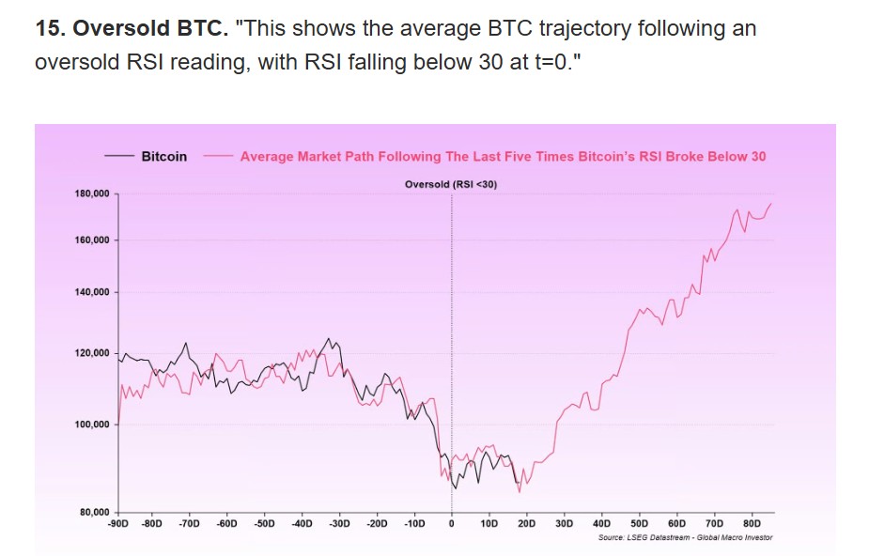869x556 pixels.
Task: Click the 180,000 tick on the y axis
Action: click(92, 193)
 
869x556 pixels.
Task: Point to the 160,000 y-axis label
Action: click(92, 240)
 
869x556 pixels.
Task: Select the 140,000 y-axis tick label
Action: click(92, 293)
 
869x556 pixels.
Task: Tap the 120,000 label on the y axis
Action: click(92, 353)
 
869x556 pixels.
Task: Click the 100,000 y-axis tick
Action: click(92, 425)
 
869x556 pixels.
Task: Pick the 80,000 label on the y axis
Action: click(95, 512)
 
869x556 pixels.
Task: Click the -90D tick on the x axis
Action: click(119, 522)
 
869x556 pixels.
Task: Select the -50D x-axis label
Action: click(264, 522)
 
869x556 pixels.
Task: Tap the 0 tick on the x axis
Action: click(452, 522)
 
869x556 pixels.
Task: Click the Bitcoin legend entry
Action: click(163, 157)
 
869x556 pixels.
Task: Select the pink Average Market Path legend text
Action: click(503, 157)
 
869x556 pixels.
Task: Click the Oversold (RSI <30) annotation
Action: click(451, 184)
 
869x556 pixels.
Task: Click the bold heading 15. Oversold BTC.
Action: click(132, 28)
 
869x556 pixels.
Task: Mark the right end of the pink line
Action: click(772, 203)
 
